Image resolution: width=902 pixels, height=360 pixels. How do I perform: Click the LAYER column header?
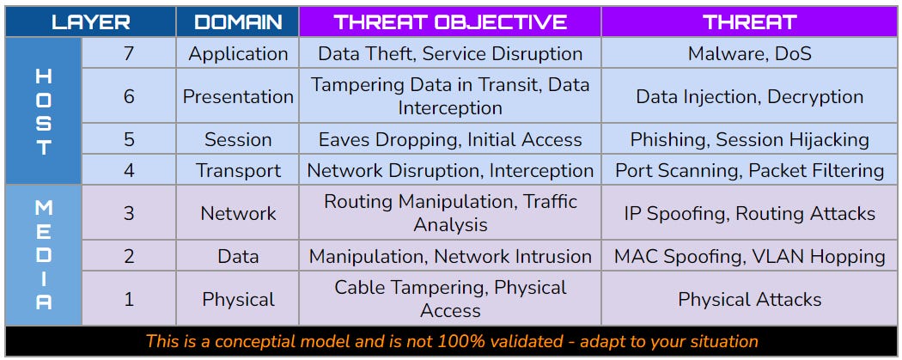[90, 21]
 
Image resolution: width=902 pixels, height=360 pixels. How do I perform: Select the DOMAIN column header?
[238, 21]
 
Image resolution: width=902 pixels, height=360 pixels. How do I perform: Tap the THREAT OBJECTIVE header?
[450, 21]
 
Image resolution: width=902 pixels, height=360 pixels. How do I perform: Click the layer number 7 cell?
[129, 54]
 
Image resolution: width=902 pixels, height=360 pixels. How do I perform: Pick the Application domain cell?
[238, 54]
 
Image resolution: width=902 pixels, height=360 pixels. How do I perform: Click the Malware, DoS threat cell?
[749, 54]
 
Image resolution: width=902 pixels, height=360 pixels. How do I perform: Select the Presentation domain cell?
[238, 96]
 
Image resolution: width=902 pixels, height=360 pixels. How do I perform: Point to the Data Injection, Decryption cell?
[749, 96]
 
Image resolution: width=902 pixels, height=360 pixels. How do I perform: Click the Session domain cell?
[238, 139]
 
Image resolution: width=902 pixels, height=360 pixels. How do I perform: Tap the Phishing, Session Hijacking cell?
[749, 139]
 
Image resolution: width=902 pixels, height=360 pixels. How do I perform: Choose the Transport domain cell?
[238, 170]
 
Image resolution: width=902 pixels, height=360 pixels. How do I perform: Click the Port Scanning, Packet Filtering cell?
[749, 170]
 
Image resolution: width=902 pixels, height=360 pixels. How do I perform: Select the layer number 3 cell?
[129, 213]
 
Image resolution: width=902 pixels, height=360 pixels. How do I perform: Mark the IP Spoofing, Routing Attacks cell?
[749, 213]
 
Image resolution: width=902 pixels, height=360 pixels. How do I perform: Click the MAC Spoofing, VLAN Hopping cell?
[749, 256]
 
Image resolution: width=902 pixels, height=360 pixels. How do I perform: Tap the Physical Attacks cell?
[749, 299]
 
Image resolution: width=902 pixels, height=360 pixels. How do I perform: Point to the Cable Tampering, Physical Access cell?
[450, 299]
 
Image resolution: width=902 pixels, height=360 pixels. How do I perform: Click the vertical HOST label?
[43, 112]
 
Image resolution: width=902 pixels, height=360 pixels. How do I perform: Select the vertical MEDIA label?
[43, 254]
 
